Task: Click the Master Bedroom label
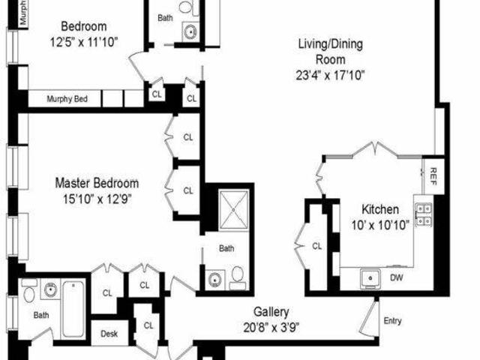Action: coord(97,183)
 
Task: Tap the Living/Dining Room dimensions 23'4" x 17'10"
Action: coord(330,75)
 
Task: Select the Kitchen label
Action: coord(380,210)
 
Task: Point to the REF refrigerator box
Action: coord(433,176)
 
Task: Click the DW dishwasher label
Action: coord(397,278)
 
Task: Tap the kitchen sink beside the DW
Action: coord(370,278)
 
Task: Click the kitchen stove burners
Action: coord(424,214)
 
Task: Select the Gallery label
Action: coord(271,312)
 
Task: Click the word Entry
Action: coord(392,321)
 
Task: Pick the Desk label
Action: coord(109,333)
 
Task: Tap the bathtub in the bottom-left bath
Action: coord(73,309)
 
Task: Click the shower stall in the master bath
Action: coord(233,210)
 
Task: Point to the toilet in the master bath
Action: coord(238,277)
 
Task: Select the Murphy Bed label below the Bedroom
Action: coord(67,99)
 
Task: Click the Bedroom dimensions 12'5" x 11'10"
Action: coord(84,42)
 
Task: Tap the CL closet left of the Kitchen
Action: coord(317,246)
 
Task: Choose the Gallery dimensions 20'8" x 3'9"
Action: coord(271,328)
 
